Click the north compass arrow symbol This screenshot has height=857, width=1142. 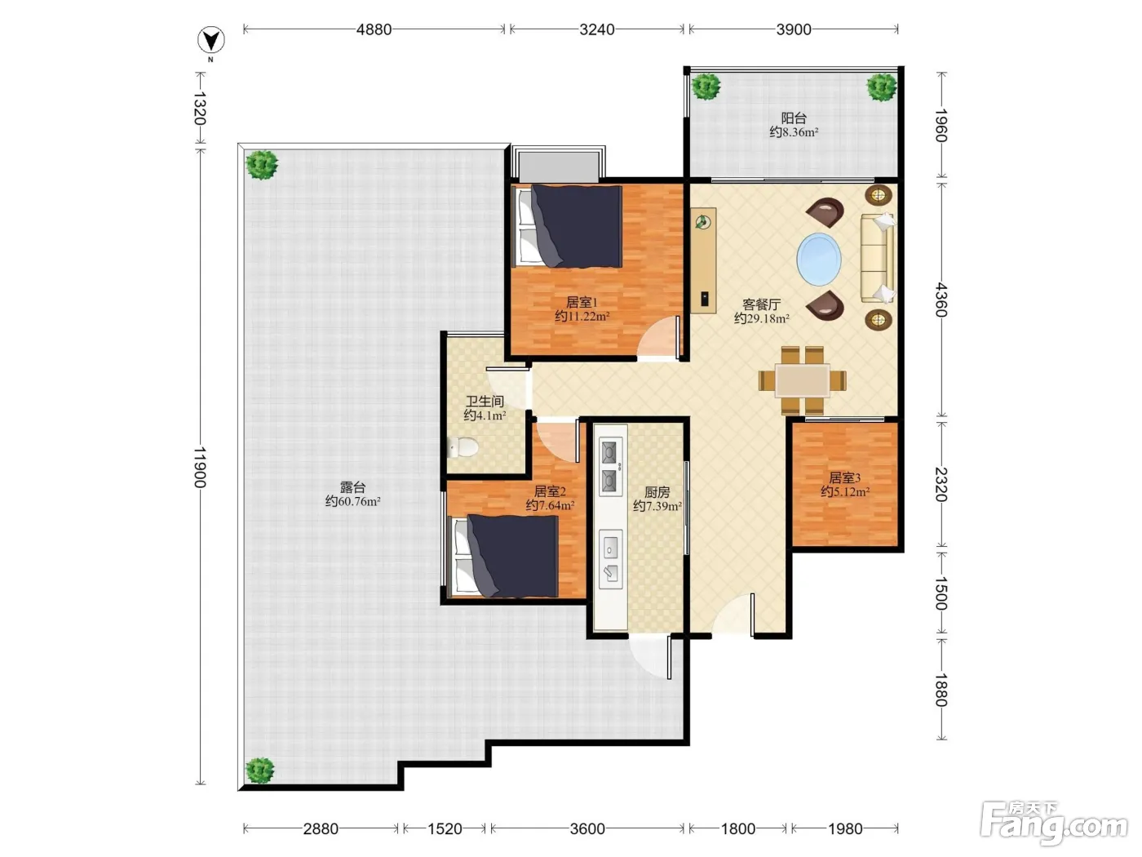210,41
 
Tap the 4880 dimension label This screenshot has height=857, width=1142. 374,29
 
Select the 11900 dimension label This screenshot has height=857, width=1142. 201,467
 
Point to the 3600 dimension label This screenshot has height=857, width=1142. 586,828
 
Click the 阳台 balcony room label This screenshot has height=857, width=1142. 794,118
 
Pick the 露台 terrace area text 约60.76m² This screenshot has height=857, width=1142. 352,501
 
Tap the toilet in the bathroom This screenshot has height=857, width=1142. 463,446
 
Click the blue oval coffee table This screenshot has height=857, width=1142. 818,259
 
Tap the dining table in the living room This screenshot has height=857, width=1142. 803,381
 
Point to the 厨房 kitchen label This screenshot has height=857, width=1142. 657,491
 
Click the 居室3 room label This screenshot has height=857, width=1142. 844,477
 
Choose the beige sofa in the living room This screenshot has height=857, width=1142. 879,258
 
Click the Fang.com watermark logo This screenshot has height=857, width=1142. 1054,824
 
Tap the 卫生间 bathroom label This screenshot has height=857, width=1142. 485,401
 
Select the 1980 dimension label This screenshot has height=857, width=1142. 845,828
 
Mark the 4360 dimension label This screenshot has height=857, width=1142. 941,300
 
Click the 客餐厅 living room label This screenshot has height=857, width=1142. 761,304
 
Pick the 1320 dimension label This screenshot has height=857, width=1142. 201,109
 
